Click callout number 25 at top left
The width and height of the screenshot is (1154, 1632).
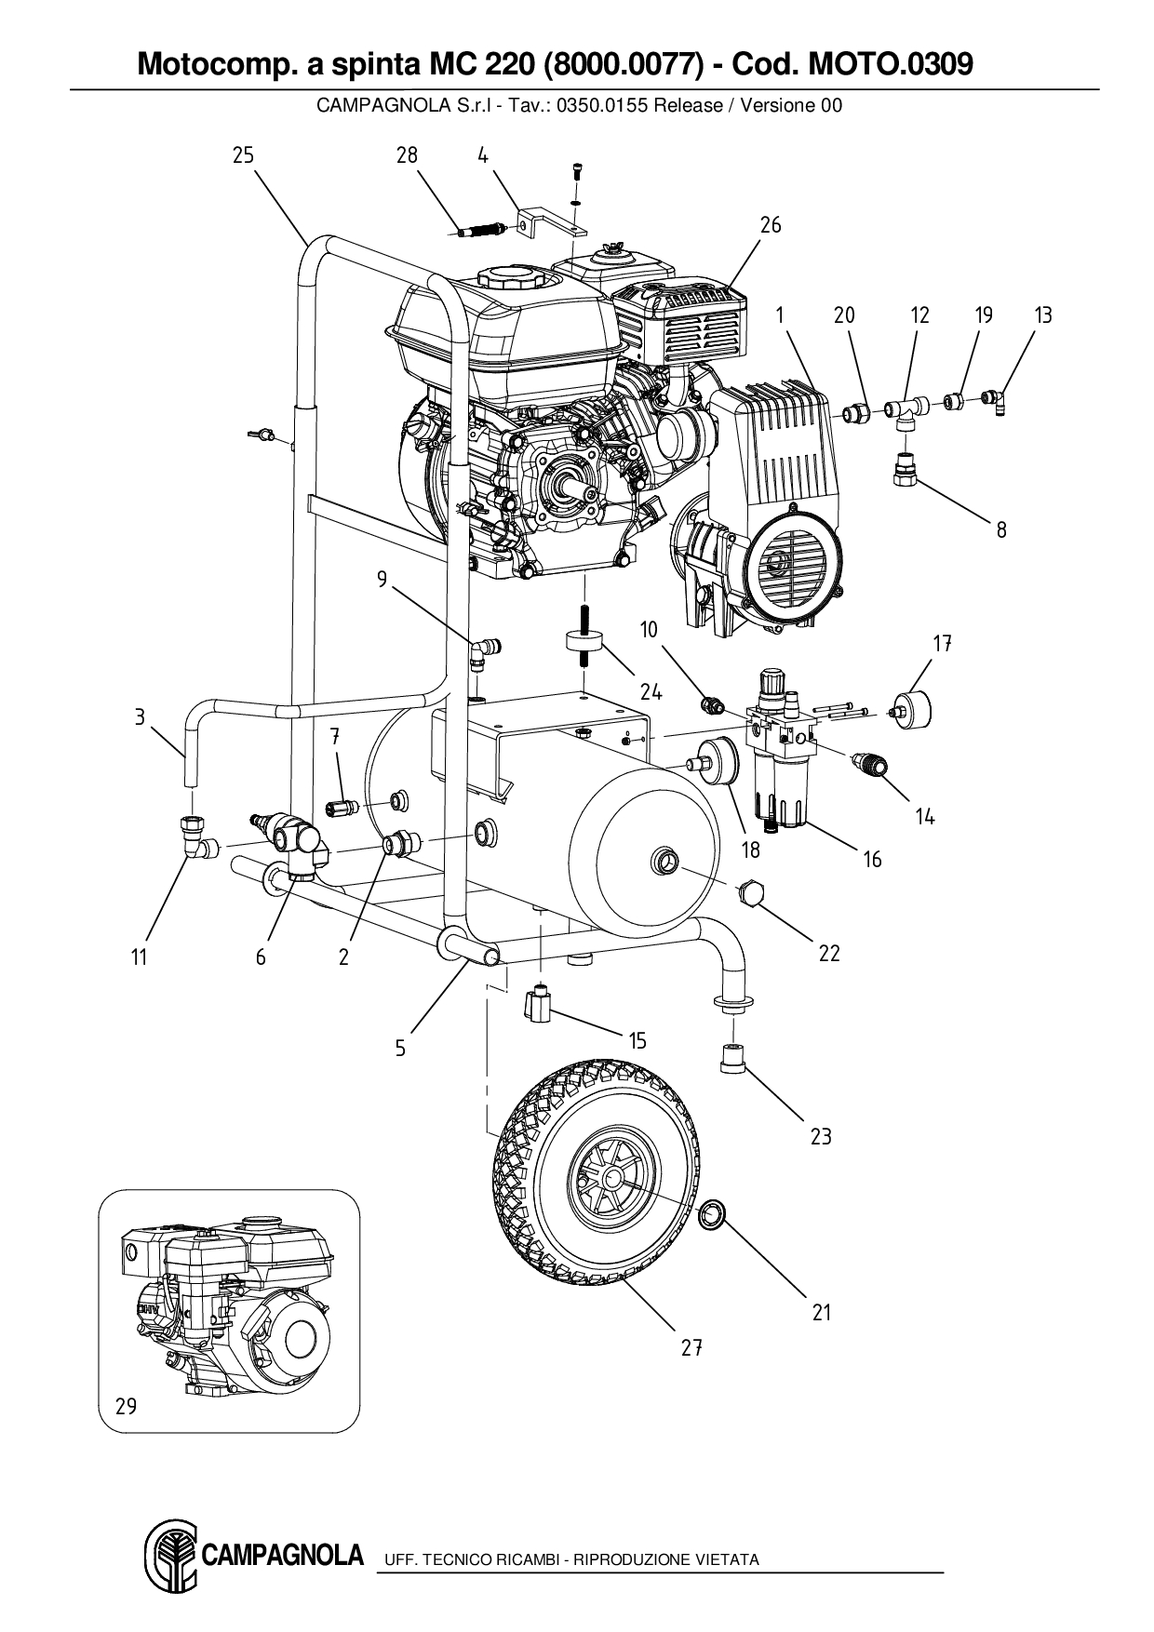pos(243,155)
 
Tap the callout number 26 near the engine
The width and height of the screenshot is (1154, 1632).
pos(771,225)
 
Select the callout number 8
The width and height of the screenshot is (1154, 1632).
pos(1001,530)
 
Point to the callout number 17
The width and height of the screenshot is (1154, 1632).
pos(943,643)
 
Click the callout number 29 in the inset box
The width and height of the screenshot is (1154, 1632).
pos(126,1406)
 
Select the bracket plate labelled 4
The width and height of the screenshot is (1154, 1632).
pos(549,221)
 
